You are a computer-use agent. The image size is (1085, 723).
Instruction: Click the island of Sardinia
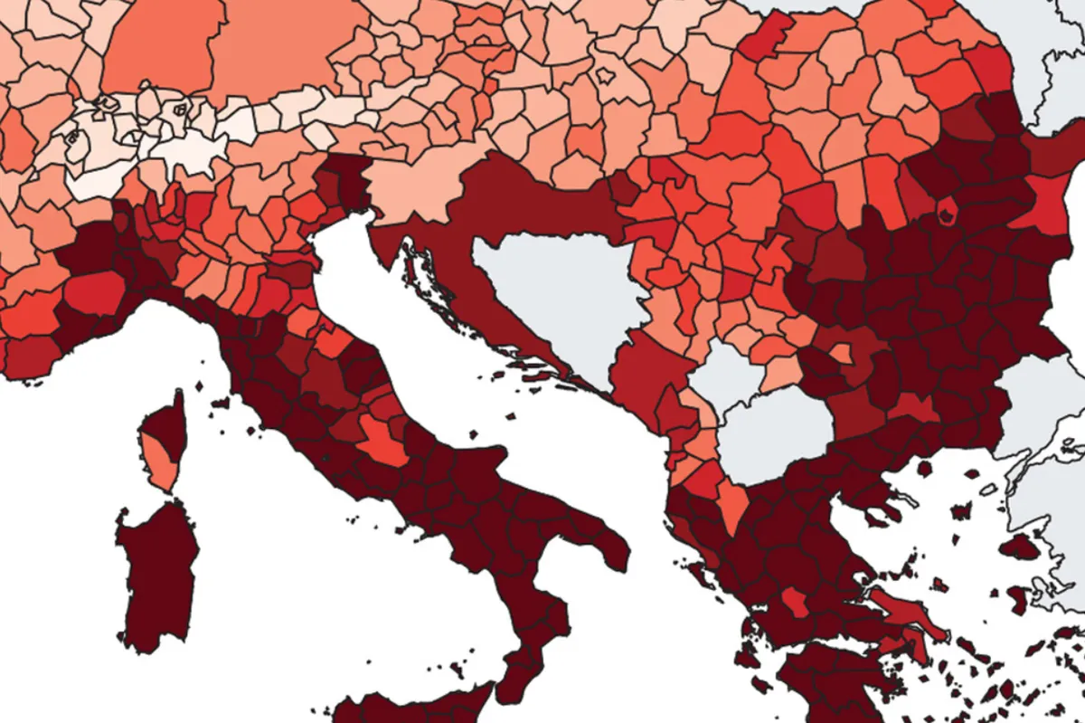point(154,579)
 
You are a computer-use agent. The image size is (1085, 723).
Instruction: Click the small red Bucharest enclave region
point(947,213)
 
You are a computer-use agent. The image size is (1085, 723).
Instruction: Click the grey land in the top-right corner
point(1058,54)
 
